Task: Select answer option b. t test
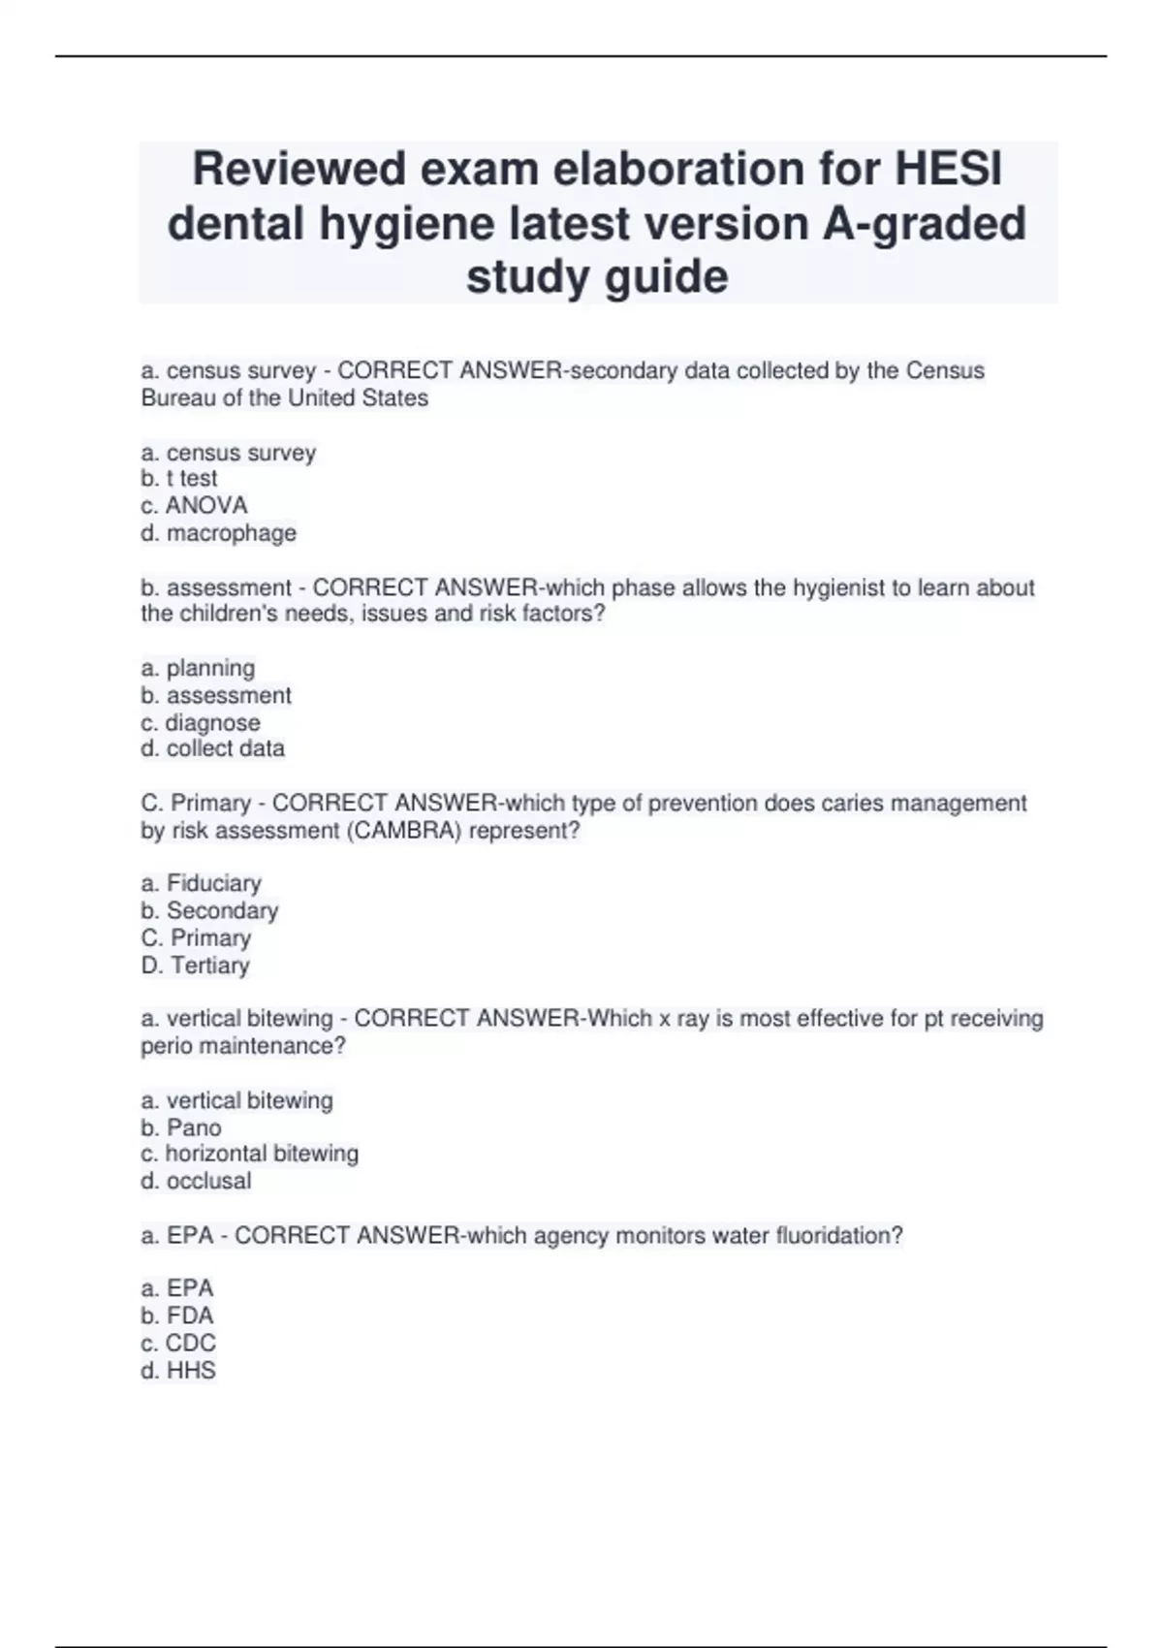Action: point(179,479)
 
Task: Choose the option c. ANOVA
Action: point(194,506)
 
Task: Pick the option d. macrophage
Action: point(218,533)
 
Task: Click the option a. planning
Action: point(198,669)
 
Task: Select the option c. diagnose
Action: point(200,723)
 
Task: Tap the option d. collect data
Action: point(212,749)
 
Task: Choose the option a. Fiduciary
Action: point(201,884)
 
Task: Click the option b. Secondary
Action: point(209,911)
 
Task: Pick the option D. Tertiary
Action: point(195,966)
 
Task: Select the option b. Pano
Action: point(180,1128)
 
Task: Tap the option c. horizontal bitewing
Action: point(249,1155)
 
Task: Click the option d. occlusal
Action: point(196,1182)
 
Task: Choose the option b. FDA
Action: point(176,1316)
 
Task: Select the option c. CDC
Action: point(178,1344)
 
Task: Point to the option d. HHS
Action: point(178,1371)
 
